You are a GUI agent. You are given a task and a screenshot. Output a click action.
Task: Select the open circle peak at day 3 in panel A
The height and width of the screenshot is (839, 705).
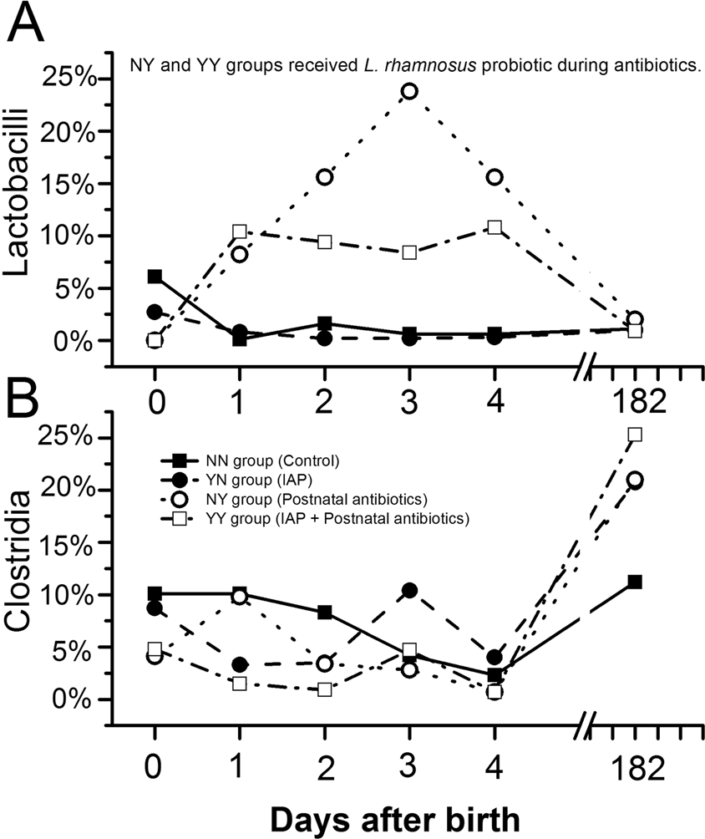point(409,90)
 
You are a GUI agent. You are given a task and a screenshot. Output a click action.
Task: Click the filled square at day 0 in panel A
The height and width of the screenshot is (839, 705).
point(154,277)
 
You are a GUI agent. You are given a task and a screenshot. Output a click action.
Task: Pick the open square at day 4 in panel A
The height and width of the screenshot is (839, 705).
point(495,227)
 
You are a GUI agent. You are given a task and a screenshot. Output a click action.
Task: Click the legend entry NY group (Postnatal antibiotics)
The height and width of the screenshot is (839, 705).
point(292,499)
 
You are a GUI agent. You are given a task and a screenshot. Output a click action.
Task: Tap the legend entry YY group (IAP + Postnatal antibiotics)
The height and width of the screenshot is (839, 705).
point(317,519)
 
